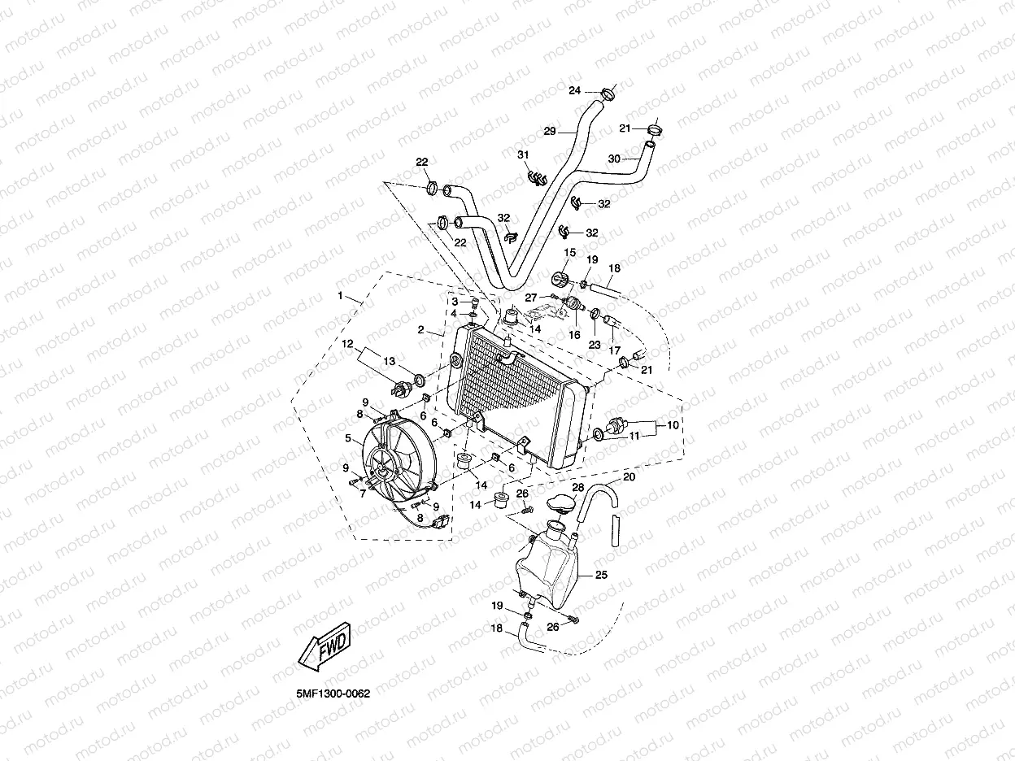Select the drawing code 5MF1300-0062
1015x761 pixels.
333,695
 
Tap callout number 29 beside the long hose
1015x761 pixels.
549,132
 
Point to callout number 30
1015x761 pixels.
614,159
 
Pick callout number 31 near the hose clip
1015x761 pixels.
523,155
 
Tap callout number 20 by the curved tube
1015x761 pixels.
628,477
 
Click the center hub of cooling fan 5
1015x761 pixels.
380,469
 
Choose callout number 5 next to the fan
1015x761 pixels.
347,438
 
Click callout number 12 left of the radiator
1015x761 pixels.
346,344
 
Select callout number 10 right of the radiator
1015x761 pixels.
672,425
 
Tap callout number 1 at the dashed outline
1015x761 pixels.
340,297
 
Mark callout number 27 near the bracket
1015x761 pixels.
530,297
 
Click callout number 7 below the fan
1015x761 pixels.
363,493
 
